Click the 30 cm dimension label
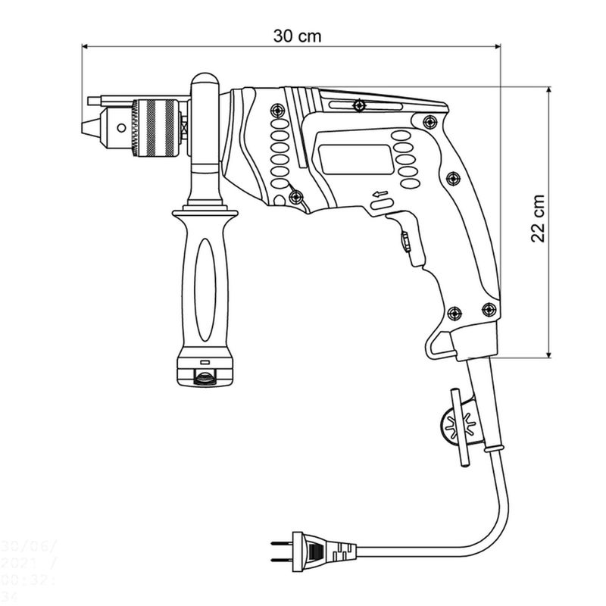tap(296, 36)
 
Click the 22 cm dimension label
tap(538, 220)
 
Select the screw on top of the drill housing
tap(359, 104)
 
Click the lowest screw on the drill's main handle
tap(454, 313)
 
